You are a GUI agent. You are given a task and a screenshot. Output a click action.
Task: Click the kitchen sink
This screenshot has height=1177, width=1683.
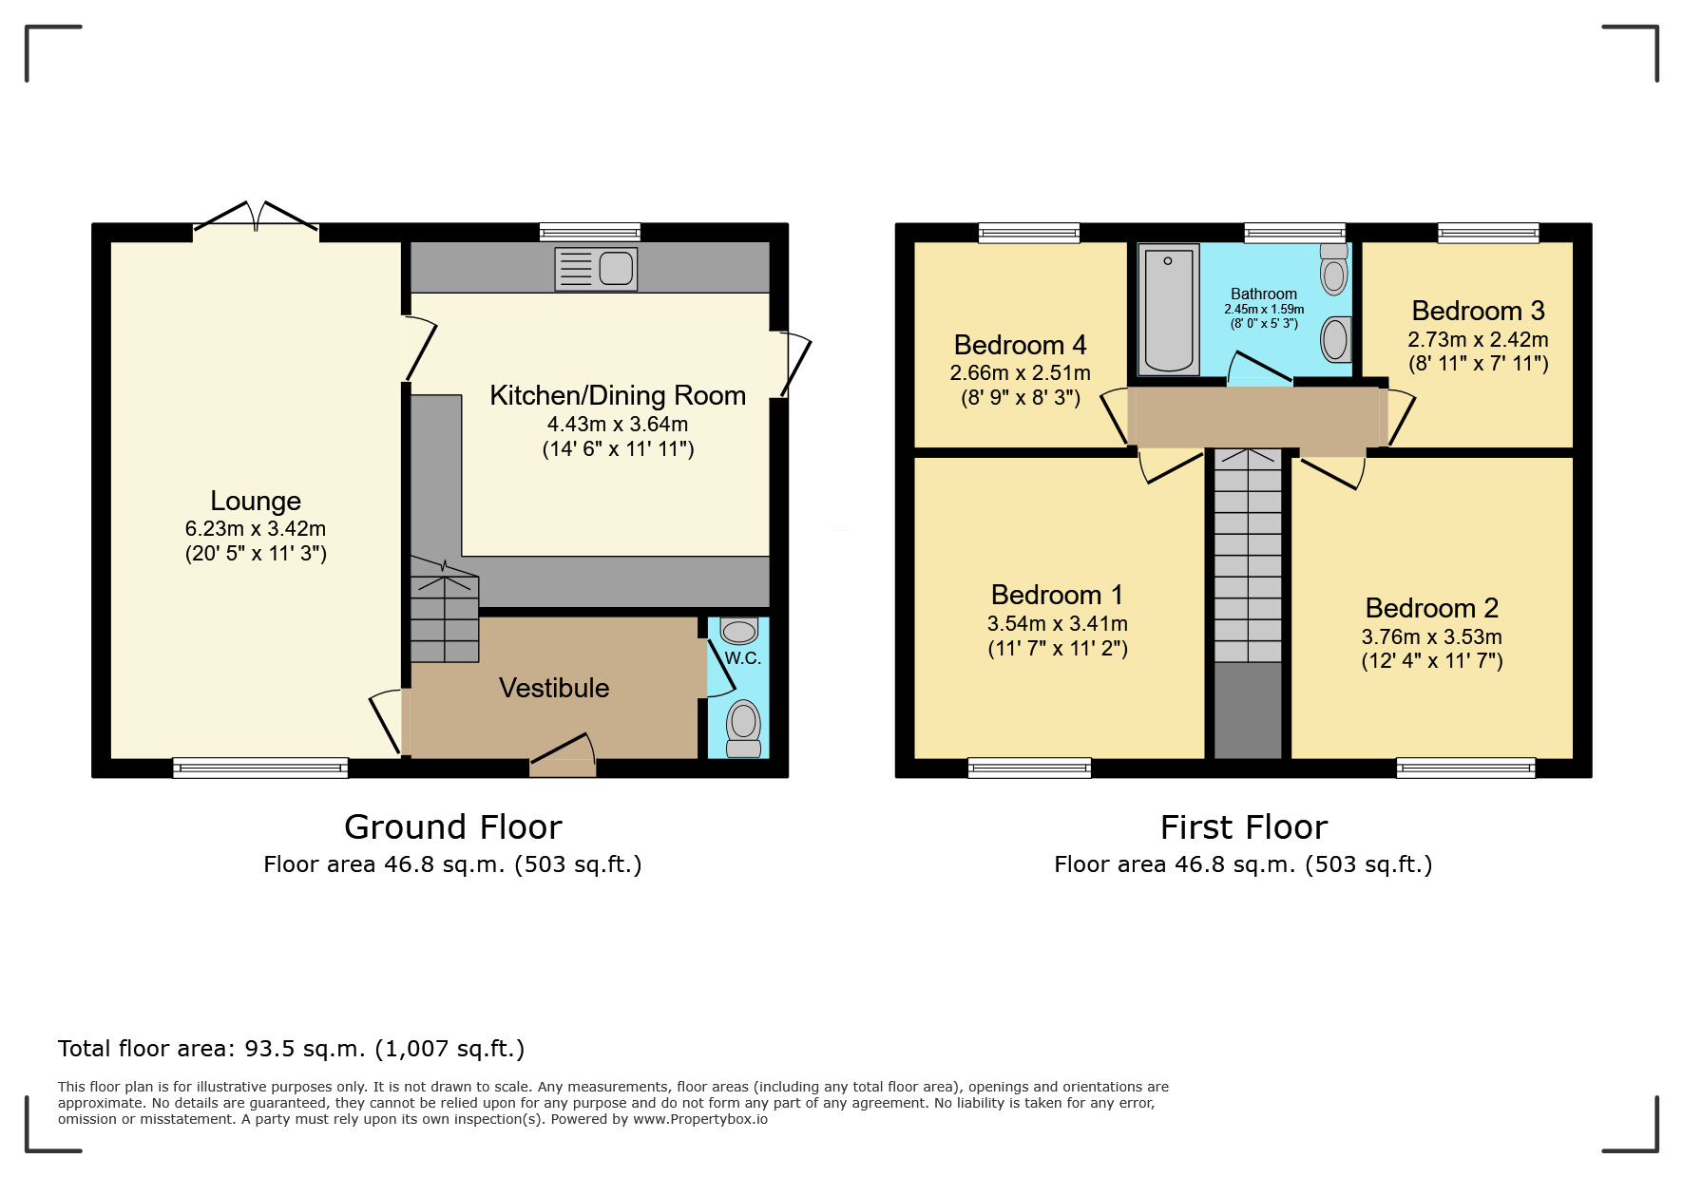[x=596, y=269]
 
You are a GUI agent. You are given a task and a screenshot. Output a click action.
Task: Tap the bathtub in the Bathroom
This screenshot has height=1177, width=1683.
[x=1168, y=310]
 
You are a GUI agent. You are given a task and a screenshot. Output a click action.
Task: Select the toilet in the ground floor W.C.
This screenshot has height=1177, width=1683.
[x=743, y=729]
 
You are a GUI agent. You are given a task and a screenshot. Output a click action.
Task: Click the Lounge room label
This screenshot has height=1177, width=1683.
[x=256, y=501]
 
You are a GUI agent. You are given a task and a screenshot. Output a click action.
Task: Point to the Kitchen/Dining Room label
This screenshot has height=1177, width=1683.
[x=618, y=395]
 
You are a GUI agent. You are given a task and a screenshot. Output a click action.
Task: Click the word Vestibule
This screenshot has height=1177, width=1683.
[x=554, y=688]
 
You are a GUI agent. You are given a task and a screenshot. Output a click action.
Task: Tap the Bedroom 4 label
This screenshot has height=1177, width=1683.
[x=1020, y=345]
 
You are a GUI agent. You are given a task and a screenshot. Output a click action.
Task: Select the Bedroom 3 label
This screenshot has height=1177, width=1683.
[x=1478, y=311]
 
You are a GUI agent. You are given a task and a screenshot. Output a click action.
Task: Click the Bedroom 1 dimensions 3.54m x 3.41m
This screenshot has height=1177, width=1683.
[x=1057, y=624]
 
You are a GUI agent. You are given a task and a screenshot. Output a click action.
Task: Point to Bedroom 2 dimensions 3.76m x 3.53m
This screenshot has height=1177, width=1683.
[x=1431, y=637]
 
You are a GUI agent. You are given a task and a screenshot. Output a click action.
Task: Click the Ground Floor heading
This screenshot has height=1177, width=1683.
[x=453, y=827]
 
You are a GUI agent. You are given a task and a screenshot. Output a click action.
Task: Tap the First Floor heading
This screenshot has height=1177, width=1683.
[x=1244, y=827]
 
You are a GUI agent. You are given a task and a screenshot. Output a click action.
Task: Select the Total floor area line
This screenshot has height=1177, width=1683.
[x=291, y=1049]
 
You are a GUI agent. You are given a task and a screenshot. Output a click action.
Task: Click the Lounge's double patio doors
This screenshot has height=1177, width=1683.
[x=256, y=218]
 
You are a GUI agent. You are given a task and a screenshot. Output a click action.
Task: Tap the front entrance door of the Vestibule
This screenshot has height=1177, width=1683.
[x=563, y=756]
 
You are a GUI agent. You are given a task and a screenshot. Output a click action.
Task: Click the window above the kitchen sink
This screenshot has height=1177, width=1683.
[x=590, y=232]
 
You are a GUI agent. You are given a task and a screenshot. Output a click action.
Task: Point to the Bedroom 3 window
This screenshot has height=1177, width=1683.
[x=1488, y=232]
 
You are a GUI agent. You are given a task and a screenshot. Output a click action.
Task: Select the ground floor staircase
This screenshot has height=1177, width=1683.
[x=445, y=610]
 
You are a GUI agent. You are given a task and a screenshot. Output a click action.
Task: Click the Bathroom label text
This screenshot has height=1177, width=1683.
[x=1264, y=294]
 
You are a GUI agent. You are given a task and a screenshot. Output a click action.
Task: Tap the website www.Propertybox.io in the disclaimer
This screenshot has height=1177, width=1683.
[x=700, y=1120]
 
